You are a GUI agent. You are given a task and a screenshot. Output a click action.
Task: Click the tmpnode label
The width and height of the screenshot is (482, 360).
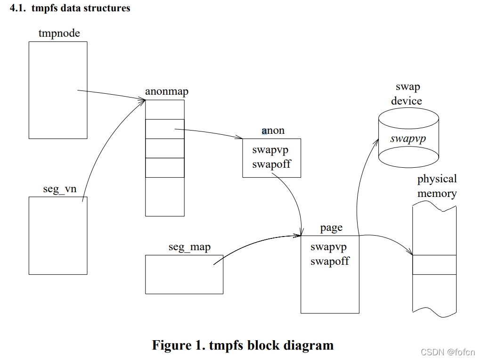pos(59,33)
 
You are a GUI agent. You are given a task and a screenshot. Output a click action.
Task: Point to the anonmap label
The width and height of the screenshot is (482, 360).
pos(166,91)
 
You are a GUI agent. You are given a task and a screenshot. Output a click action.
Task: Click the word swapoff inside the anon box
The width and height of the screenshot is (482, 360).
pos(271,164)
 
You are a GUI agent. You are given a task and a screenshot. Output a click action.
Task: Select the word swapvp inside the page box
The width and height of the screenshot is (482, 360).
pos(328,247)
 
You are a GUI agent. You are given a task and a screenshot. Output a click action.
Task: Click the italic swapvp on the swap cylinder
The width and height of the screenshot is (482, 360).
pos(408,139)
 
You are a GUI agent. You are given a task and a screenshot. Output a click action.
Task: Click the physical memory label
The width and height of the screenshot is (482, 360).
pos(437,186)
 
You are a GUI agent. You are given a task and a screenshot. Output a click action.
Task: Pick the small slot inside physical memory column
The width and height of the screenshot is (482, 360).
pos(434,264)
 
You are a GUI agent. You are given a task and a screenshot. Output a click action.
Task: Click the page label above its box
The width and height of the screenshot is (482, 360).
pos(331,228)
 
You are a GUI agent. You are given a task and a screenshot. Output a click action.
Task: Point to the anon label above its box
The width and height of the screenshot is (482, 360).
pos(273,131)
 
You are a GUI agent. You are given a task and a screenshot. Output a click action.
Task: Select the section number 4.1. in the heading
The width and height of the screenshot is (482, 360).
pos(19,8)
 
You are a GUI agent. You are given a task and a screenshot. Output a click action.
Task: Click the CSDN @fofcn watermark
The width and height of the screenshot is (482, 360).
pos(448,352)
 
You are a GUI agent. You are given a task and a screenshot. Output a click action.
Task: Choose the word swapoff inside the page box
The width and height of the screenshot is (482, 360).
pos(330,261)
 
